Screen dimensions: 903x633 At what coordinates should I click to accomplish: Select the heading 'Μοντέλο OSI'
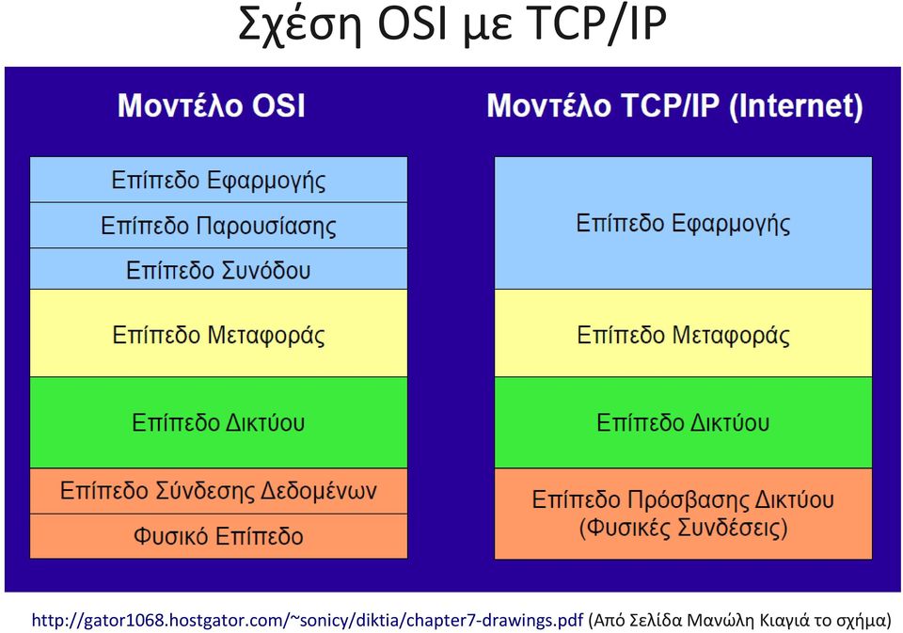212,106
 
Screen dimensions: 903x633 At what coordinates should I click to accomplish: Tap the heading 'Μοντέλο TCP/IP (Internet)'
675,106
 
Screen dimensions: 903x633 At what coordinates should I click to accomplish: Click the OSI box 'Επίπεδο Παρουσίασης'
218,225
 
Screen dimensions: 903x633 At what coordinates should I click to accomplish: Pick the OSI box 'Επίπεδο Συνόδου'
218,269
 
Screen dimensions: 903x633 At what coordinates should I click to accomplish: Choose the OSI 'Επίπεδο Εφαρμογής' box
218,180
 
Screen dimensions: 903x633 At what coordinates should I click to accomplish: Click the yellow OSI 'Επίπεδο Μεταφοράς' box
218,334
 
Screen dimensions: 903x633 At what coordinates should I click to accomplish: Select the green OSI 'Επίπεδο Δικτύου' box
218,422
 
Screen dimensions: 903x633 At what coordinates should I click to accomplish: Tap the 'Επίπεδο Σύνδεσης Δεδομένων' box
218,491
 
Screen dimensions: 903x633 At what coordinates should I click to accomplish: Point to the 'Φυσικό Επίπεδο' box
218,536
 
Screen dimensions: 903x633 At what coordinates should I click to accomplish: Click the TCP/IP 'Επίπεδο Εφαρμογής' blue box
683,223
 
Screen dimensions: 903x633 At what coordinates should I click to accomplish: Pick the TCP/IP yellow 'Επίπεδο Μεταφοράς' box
683,334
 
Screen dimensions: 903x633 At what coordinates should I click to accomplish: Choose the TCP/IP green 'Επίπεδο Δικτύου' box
683,422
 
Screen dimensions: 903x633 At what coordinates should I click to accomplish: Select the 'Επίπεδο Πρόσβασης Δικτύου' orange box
683,514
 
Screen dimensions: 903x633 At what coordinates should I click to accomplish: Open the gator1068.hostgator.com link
308,621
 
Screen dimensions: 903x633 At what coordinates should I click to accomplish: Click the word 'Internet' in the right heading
796,106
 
